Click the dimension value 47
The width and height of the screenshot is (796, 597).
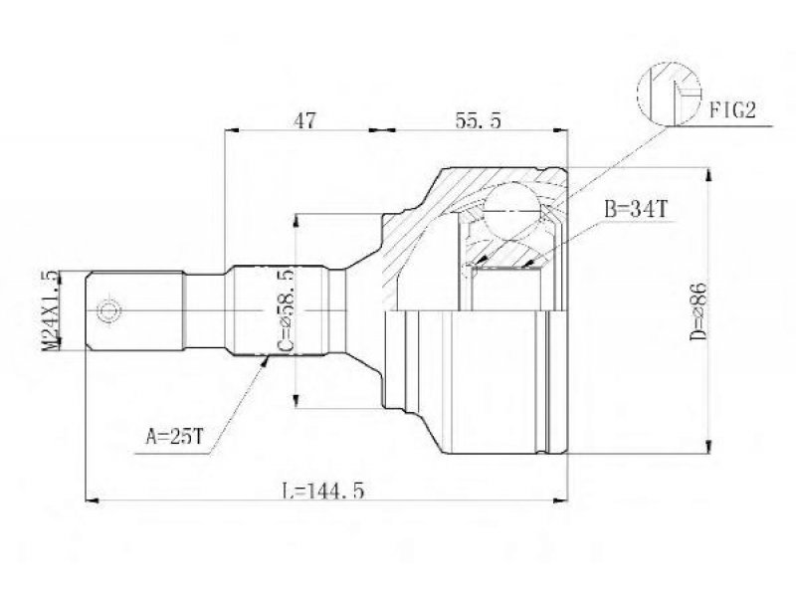click(304, 120)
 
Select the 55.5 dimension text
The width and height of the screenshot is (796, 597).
click(478, 120)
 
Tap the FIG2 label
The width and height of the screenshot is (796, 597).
click(732, 109)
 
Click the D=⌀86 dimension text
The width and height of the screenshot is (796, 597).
click(699, 310)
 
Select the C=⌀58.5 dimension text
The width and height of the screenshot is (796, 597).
click(286, 310)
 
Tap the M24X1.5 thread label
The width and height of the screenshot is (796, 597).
click(51, 310)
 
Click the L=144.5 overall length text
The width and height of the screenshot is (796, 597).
click(322, 491)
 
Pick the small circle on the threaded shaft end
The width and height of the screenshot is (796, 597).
click(108, 310)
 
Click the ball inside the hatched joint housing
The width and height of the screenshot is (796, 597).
click(511, 210)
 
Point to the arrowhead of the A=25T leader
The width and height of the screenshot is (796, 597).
click(264, 361)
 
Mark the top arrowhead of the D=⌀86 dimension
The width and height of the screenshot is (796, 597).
click(707, 175)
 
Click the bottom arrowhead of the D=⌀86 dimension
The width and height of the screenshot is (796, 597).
click(707, 446)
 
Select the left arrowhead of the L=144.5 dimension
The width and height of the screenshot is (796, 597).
click(92, 500)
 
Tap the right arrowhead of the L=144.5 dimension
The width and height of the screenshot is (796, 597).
click(560, 500)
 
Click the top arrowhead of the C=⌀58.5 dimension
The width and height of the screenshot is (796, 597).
click(296, 220)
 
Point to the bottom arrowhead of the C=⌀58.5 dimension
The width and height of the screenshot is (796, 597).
click(296, 401)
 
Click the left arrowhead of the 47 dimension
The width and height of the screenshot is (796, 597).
click(232, 130)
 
